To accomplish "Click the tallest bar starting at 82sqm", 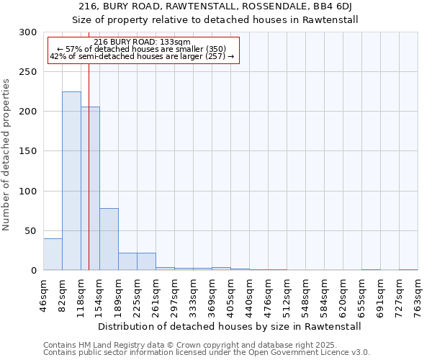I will (71, 181).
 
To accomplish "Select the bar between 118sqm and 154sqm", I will (90, 189).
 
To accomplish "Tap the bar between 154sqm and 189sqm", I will (109, 239).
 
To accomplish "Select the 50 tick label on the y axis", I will (30, 231).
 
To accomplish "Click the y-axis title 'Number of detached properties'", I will (6, 155).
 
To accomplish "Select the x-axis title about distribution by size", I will (228, 326).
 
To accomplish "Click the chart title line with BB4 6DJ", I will (216, 6).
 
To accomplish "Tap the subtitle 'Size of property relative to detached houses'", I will (216, 19).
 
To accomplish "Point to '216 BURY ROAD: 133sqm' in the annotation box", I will (142, 42).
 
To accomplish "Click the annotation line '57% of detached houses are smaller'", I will (142, 49).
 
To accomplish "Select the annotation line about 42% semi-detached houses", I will (142, 56).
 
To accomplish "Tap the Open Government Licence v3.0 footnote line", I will (207, 353).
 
